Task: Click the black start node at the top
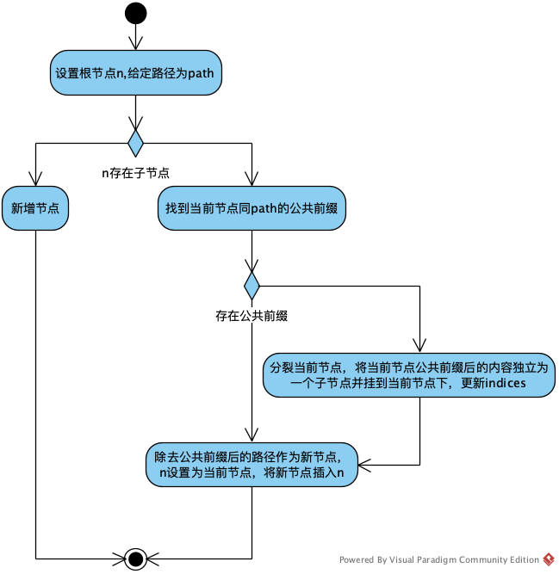[x=135, y=13]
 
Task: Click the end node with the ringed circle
[x=135, y=559]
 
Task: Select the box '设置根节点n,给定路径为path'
[x=135, y=73]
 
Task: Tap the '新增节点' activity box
[x=35, y=208]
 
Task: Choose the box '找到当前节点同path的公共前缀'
[x=252, y=208]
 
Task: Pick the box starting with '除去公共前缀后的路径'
[x=251, y=465]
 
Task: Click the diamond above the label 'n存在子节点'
[x=135, y=141]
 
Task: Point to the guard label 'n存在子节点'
[x=135, y=172]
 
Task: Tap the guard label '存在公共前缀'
[x=251, y=316]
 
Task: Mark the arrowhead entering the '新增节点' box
[x=35, y=180]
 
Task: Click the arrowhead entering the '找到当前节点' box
[x=252, y=180]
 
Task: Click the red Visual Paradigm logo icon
[x=549, y=559]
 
